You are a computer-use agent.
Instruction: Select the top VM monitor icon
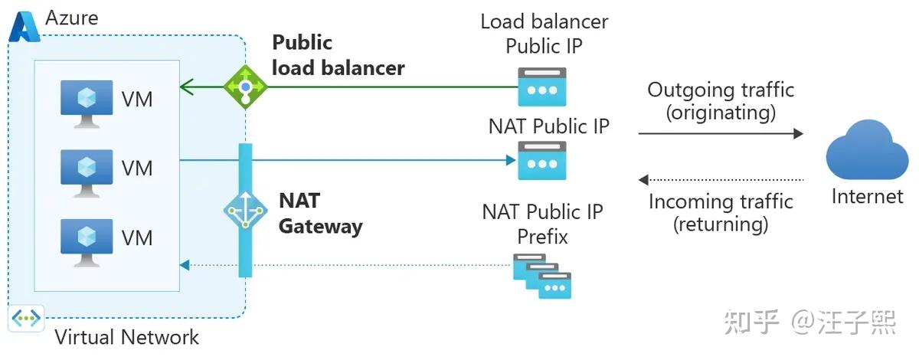(87, 100)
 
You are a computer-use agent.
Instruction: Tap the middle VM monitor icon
(87, 168)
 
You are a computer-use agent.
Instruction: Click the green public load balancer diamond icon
(245, 87)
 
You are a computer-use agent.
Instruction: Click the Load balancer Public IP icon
(542, 87)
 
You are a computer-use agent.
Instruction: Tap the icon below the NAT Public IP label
(542, 161)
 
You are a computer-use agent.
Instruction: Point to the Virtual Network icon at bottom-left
(26, 319)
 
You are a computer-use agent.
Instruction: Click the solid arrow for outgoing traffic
(720, 133)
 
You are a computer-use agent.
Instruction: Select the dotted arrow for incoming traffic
(720, 180)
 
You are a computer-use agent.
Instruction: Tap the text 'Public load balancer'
(338, 55)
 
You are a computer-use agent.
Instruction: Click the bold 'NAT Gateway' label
(319, 213)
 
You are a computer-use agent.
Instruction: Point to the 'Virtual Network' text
(126, 337)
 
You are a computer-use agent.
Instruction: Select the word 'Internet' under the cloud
(867, 197)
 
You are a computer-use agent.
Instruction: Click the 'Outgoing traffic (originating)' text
(721, 101)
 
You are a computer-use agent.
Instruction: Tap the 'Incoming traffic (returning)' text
(721, 213)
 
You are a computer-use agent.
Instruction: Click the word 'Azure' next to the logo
(72, 17)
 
